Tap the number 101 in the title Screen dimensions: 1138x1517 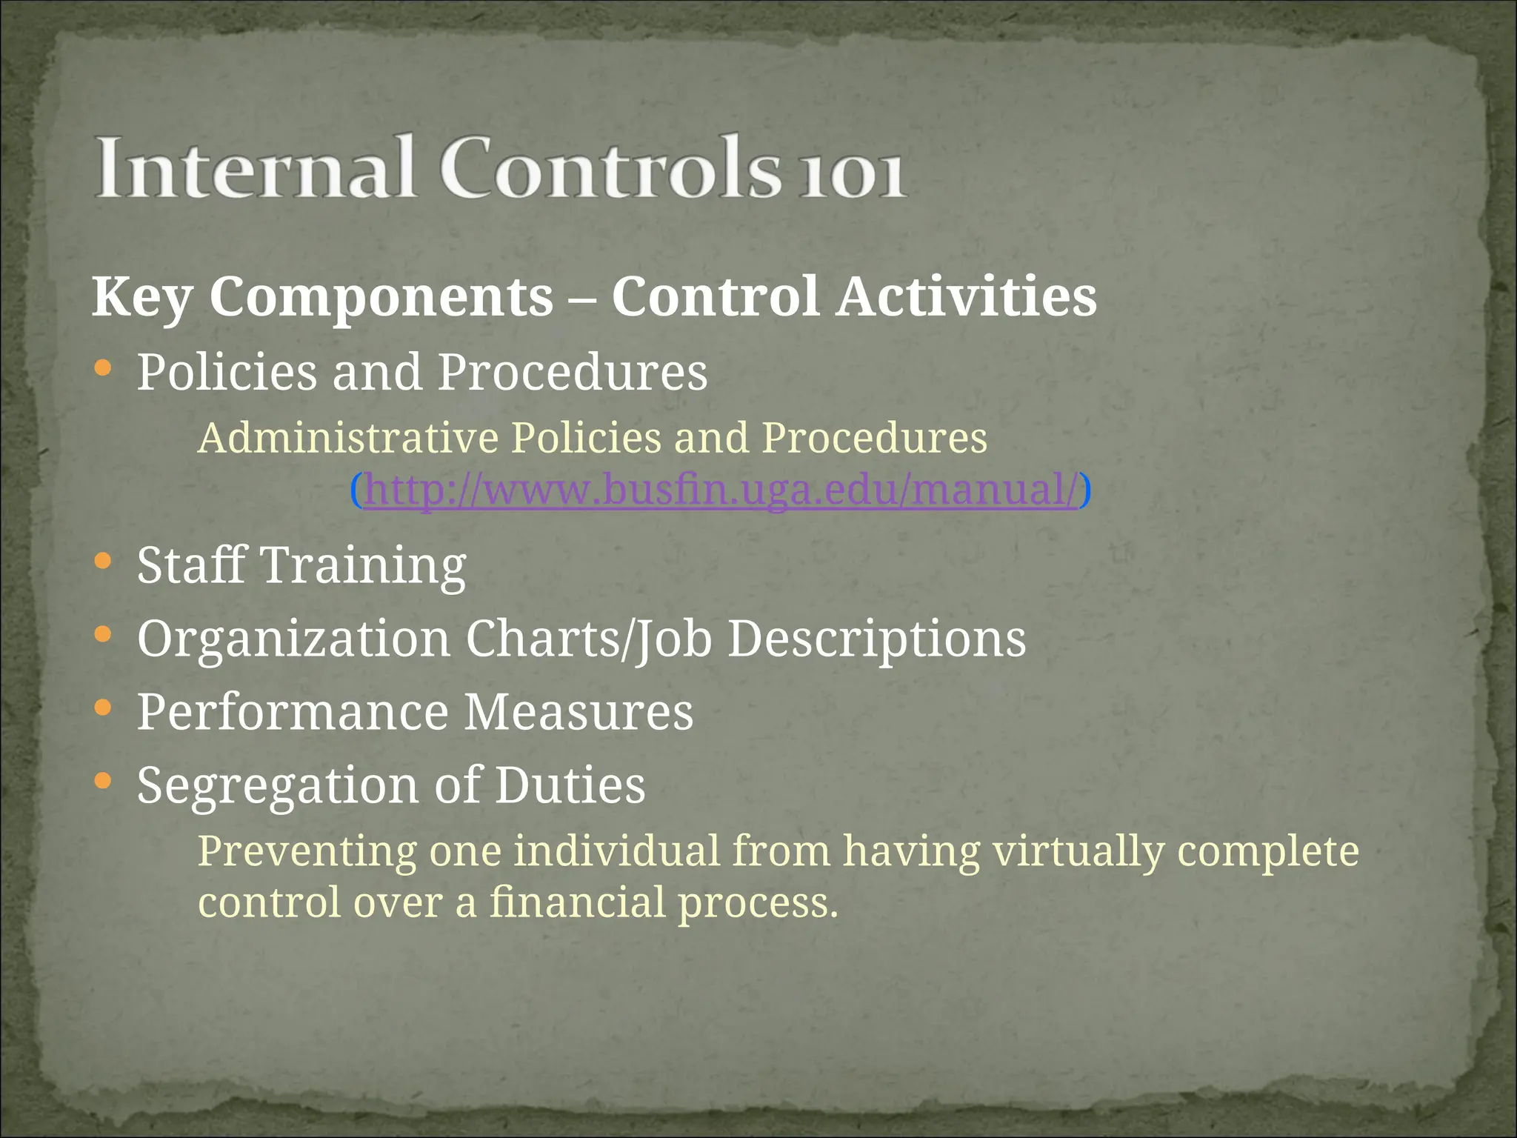pyautogui.click(x=852, y=176)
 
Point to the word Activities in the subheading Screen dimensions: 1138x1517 pyautogui.click(x=966, y=296)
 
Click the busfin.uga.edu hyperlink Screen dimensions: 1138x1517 pyautogui.click(x=721, y=490)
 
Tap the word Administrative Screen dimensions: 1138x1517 pyautogui.click(x=348, y=438)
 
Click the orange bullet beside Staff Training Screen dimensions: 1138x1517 pyautogui.click(x=103, y=561)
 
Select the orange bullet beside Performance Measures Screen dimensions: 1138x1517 pyautogui.click(x=103, y=708)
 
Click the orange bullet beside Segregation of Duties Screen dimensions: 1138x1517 pyautogui.click(x=103, y=780)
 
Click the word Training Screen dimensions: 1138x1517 pyautogui.click(x=364, y=566)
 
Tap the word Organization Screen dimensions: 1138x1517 pyautogui.click(x=293, y=639)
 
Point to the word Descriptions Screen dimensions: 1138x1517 pyautogui.click(x=877, y=639)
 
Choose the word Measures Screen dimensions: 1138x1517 pyautogui.click(x=579, y=712)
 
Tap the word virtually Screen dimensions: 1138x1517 pyautogui.click(x=1078, y=851)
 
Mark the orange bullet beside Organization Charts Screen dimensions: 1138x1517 pyautogui.click(x=103, y=634)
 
